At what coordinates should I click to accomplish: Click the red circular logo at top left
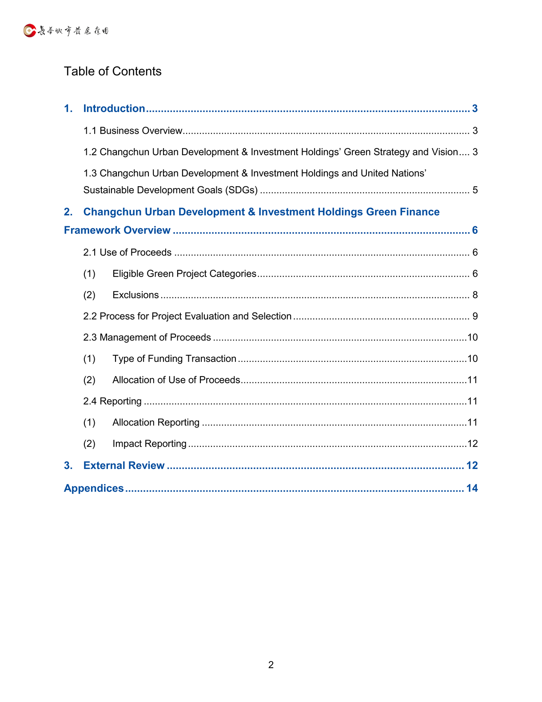pyautogui.click(x=30, y=31)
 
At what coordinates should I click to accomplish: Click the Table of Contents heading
pyautogui.click(x=112, y=71)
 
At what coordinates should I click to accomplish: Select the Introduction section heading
pyautogui.click(x=114, y=108)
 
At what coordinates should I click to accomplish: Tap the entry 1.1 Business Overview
pyautogui.click(x=133, y=131)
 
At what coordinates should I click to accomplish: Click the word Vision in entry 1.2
pyautogui.click(x=444, y=152)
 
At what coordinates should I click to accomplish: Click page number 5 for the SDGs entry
pyautogui.click(x=475, y=190)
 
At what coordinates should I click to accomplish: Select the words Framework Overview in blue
pyautogui.click(x=117, y=230)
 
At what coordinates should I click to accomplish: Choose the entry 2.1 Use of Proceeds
pyautogui.click(x=127, y=253)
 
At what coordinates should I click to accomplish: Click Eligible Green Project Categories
pyautogui.click(x=184, y=274)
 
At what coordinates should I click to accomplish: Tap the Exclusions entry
pyautogui.click(x=135, y=295)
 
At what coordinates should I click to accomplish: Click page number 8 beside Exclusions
pyautogui.click(x=475, y=295)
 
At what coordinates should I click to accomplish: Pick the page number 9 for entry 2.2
pyautogui.click(x=475, y=317)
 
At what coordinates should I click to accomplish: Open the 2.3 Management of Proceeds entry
pyautogui.click(x=147, y=337)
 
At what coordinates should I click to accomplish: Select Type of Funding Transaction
pyautogui.click(x=174, y=359)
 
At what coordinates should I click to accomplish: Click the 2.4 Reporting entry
pyautogui.click(x=112, y=401)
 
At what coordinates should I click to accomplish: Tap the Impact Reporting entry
pyautogui.click(x=149, y=444)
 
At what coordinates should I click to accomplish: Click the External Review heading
pyautogui.click(x=124, y=465)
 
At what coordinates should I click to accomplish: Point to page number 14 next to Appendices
pyautogui.click(x=472, y=488)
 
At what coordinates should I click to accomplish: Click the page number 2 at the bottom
pyautogui.click(x=271, y=665)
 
